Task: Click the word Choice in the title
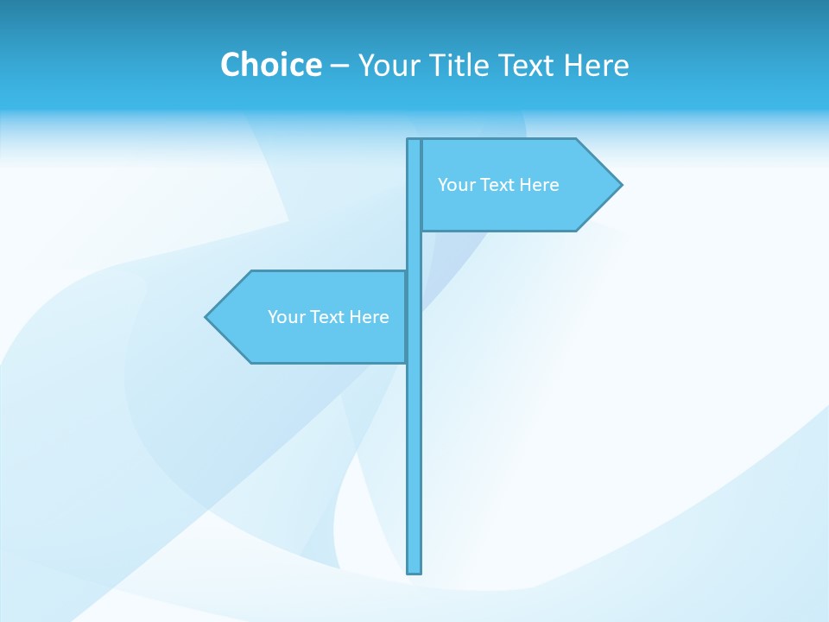click(x=270, y=65)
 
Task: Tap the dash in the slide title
click(x=339, y=66)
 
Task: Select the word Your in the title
click(x=389, y=66)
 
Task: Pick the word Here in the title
click(x=597, y=65)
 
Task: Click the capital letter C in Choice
click(x=231, y=65)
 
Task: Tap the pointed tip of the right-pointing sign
click(x=620, y=184)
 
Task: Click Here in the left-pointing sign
click(x=369, y=317)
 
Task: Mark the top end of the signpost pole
click(x=414, y=141)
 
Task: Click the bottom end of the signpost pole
click(x=414, y=571)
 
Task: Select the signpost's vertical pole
click(x=414, y=449)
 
